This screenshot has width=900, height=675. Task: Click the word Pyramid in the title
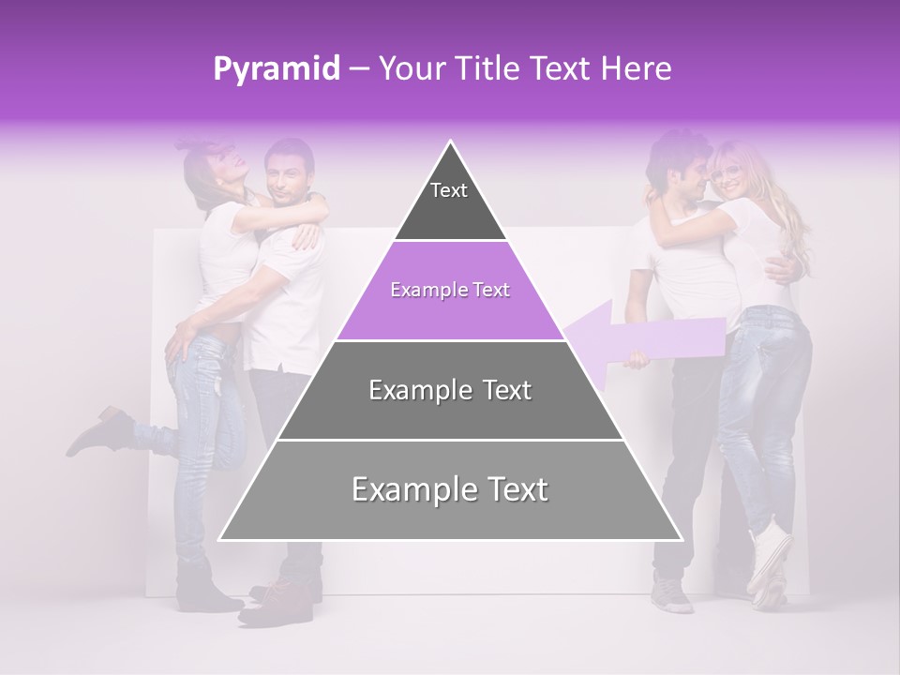276,69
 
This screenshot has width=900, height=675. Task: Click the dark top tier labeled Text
450,202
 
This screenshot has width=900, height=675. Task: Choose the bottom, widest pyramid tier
450,491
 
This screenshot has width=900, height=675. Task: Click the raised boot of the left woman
98,430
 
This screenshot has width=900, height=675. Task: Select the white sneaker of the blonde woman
769,557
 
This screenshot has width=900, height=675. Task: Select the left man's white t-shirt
286,300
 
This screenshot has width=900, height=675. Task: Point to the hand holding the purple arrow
637,359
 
